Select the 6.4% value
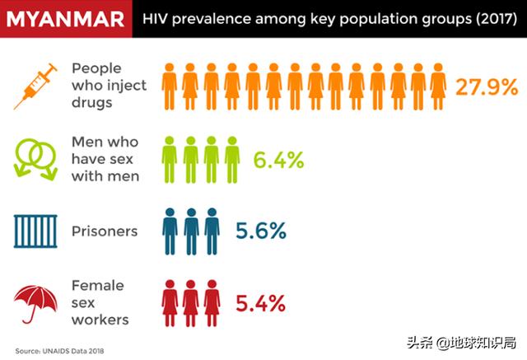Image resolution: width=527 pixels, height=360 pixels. (x=278, y=161)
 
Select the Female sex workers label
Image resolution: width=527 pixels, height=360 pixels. (x=98, y=302)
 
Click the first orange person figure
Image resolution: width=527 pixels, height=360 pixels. (x=170, y=86)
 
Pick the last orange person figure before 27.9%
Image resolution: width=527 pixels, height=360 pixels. (x=438, y=86)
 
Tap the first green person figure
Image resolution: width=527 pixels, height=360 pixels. (x=170, y=158)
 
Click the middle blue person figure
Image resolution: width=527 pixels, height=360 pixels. (x=191, y=231)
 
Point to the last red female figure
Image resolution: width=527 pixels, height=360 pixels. (x=212, y=302)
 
